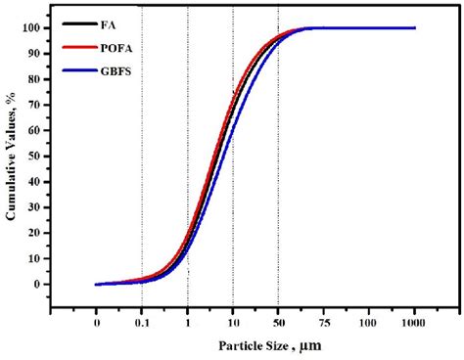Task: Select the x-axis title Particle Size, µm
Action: pyautogui.click(x=256, y=346)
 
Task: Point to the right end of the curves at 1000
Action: pyautogui.click(x=414, y=28)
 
